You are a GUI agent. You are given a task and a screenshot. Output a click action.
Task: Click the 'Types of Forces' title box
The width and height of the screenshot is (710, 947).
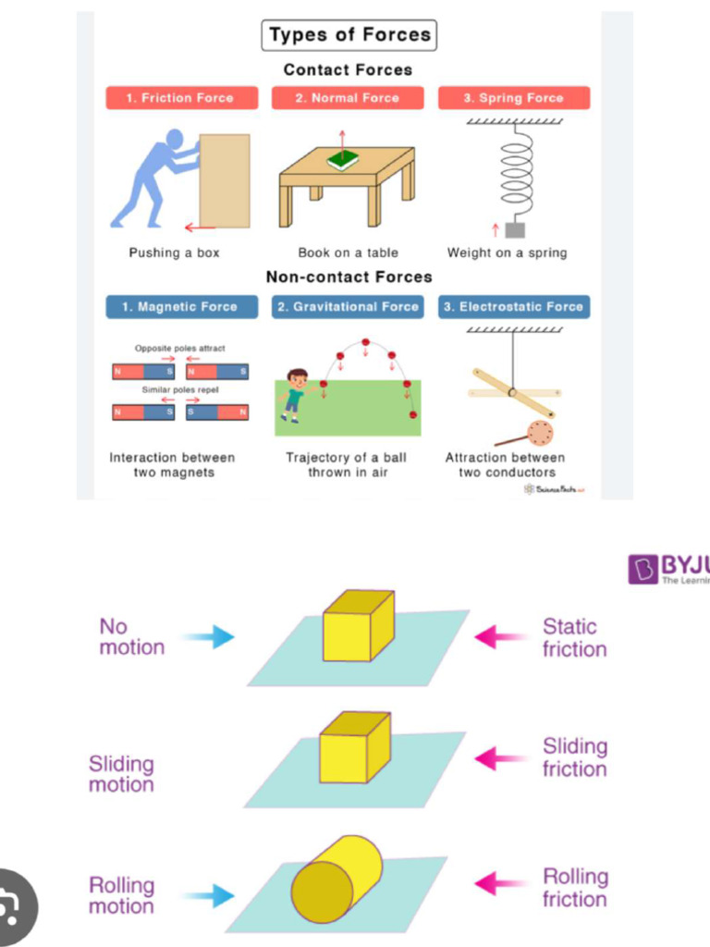coord(349,35)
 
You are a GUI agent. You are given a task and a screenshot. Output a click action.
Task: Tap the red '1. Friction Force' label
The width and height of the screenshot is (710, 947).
coord(181,98)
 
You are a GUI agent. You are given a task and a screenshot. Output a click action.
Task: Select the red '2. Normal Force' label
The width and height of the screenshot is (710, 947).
coord(348,98)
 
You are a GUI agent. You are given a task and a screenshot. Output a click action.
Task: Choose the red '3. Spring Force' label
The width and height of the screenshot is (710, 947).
coord(513,98)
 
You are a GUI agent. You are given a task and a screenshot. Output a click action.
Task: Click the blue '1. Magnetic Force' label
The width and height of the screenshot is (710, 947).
coord(181,307)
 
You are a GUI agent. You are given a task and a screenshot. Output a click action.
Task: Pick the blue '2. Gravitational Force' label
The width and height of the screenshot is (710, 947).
coord(348,307)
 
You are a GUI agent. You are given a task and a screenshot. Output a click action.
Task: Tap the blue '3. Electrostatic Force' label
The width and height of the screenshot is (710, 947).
coord(513,307)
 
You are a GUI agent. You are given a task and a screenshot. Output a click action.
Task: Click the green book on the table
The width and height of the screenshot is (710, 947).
coord(342,160)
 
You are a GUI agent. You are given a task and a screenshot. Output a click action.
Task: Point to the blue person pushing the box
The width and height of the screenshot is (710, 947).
coord(153,178)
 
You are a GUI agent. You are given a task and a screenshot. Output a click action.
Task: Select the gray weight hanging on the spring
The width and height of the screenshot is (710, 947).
coord(514,229)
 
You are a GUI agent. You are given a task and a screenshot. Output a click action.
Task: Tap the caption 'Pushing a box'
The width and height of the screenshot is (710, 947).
coord(174,252)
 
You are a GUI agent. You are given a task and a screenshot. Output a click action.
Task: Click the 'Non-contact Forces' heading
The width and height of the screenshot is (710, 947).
coord(349,277)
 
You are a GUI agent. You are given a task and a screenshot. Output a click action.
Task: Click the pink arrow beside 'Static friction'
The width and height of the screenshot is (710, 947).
coord(500,637)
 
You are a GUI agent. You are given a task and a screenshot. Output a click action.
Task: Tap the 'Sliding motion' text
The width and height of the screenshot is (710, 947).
coord(121,774)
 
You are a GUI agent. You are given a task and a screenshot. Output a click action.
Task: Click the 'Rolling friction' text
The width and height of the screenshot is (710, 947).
coord(575,888)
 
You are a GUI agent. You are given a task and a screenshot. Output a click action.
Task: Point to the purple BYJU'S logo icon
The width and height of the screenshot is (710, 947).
coord(643,569)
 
